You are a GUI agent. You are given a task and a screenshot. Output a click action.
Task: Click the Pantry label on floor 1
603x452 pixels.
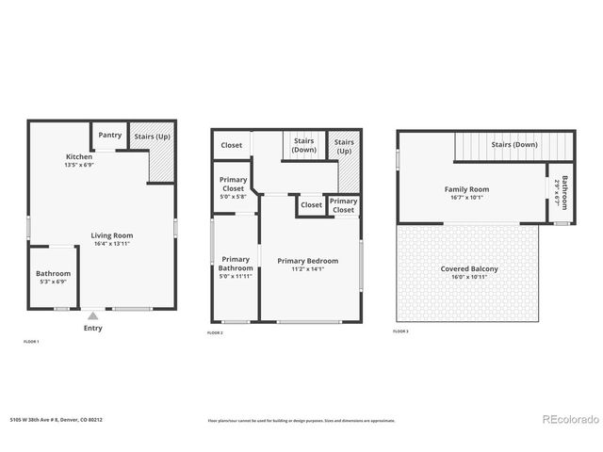point(109,136)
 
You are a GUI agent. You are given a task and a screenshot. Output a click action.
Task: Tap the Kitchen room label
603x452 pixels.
point(78,156)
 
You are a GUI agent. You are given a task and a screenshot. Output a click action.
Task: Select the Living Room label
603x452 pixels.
point(112,235)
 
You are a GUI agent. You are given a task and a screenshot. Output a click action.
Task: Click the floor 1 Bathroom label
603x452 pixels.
point(54,274)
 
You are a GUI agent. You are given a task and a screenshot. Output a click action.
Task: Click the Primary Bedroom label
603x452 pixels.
point(307,261)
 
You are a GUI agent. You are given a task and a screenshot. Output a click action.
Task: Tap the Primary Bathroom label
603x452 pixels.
point(236,264)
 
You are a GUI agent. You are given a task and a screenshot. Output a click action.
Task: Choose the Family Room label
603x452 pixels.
point(467,189)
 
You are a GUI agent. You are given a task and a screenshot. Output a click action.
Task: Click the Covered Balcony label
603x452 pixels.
point(469,269)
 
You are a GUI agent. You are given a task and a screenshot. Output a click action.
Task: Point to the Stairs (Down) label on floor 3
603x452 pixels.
point(513,145)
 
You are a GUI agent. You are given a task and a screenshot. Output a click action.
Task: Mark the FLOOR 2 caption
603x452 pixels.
point(215,333)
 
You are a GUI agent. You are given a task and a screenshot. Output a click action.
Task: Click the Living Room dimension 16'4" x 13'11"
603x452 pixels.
point(111,245)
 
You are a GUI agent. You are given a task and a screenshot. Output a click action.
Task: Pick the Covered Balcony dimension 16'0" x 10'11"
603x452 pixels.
point(469,278)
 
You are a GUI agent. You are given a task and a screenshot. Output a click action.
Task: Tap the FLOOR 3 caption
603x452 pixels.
point(401,331)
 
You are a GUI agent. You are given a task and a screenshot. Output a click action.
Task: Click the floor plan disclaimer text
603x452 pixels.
point(301,421)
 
